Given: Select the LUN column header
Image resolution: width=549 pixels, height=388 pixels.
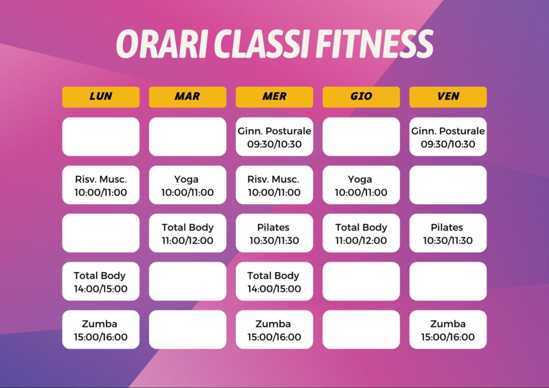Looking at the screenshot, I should (101, 97).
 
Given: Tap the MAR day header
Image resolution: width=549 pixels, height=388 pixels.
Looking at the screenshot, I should (188, 97).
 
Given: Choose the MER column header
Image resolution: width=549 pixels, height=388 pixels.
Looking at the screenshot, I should (274, 97).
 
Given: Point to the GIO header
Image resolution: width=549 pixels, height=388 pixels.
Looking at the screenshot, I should (361, 97).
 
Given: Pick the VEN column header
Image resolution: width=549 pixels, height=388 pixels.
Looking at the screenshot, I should (448, 97).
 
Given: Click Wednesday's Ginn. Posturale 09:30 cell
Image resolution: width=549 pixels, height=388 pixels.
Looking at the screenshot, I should (274, 137).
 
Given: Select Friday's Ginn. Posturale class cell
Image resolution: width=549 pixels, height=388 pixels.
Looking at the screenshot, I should (448, 137).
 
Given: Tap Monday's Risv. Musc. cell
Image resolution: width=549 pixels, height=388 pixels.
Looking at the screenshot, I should (101, 185).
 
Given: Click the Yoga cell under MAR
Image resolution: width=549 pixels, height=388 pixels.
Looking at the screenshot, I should (188, 185).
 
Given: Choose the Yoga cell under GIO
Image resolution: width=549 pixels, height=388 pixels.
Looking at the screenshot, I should (361, 185).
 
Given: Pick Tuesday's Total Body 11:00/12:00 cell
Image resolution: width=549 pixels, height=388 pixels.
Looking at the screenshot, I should (188, 233).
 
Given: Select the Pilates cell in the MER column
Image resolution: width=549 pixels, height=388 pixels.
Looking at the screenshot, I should (274, 233).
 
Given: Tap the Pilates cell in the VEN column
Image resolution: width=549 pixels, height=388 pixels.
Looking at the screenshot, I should (448, 233).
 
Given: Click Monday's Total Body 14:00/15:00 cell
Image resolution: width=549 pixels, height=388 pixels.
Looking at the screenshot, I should (101, 281).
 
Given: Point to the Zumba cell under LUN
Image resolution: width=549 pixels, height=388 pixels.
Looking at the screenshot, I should (101, 330).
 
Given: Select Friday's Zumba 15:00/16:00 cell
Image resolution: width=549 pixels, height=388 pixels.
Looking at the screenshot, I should (448, 330).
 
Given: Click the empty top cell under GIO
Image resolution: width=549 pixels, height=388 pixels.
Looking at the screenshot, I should (361, 137).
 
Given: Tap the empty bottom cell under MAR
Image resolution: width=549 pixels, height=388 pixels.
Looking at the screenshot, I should (188, 330).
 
